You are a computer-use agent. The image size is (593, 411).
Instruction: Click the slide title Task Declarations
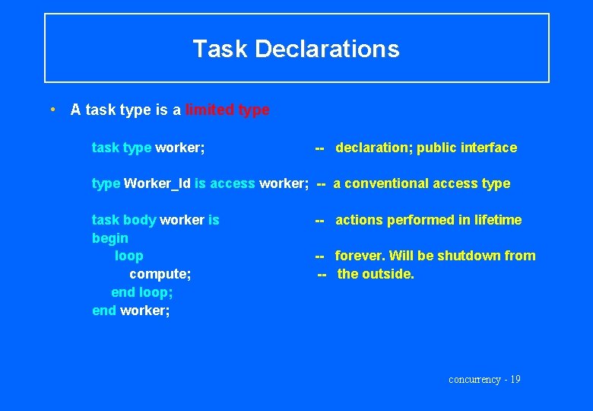(296, 49)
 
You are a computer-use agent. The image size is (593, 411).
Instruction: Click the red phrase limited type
(227, 110)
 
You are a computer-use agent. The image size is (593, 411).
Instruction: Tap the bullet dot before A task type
(52, 109)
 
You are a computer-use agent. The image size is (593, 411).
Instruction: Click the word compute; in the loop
(160, 274)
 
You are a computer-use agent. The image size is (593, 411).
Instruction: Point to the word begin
(110, 238)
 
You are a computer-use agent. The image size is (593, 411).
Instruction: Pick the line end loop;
(142, 292)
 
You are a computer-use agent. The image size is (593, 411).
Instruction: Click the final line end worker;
(131, 311)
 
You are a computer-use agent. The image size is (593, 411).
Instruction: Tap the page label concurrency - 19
(484, 380)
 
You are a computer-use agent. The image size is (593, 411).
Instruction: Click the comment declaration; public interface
(426, 148)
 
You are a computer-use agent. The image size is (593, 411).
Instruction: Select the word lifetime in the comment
(498, 220)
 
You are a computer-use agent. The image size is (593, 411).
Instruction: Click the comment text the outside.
(376, 274)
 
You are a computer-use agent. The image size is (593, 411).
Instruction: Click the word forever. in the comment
(360, 256)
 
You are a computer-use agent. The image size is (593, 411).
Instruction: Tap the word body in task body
(139, 220)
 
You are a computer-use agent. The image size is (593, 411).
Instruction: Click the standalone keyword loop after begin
(128, 256)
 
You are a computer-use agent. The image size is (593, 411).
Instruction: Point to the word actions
(360, 220)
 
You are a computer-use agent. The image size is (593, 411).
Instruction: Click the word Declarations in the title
(327, 49)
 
